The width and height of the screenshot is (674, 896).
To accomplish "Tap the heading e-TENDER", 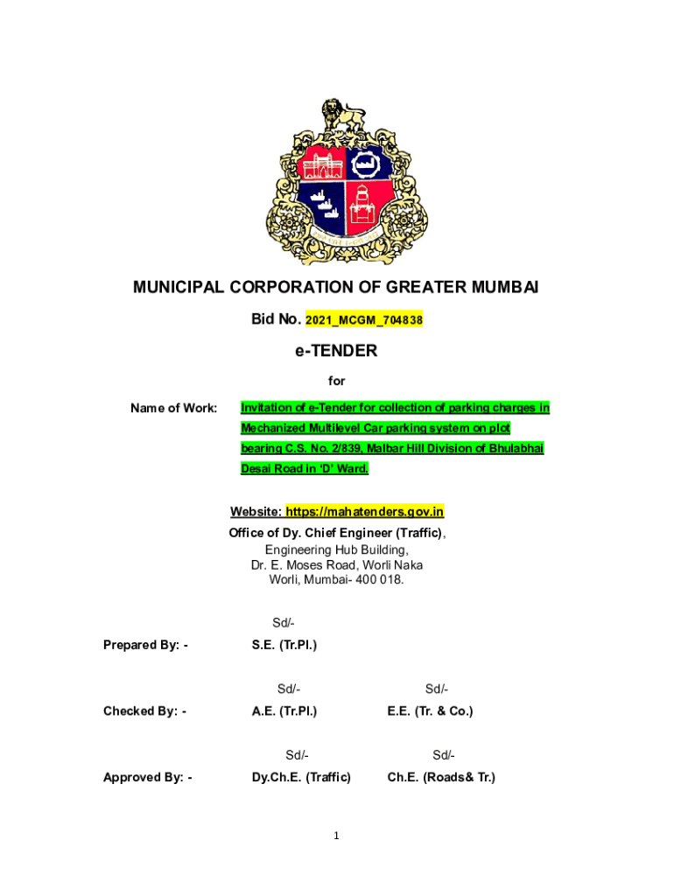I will pyautogui.click(x=336, y=351).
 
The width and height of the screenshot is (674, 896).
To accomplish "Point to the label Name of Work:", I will pyautogui.click(x=174, y=408).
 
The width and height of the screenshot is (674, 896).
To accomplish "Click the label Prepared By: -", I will pyautogui.click(x=146, y=645).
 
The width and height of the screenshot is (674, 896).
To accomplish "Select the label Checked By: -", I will pyautogui.click(x=144, y=711).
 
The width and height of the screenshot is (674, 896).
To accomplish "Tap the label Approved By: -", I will pyautogui.click(x=148, y=777).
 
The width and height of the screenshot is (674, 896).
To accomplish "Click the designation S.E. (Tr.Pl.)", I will pyautogui.click(x=284, y=645).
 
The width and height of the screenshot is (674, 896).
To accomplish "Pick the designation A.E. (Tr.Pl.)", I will pyautogui.click(x=284, y=711).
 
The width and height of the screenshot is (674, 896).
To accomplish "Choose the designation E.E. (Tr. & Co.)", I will pyautogui.click(x=430, y=711).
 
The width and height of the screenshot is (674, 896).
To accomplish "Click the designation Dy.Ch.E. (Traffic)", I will pyautogui.click(x=301, y=777).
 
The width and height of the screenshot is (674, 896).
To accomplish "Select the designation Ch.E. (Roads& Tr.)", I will pyautogui.click(x=440, y=777).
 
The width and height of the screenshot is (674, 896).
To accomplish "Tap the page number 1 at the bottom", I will pyautogui.click(x=336, y=836).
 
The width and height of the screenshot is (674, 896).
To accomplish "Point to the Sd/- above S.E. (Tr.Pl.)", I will pyautogui.click(x=284, y=623).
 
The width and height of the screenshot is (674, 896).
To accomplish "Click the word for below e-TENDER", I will pyautogui.click(x=336, y=381).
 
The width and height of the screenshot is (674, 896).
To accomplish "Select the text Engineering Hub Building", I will pyautogui.click(x=336, y=549).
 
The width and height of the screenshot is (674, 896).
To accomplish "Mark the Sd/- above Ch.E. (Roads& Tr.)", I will pyautogui.click(x=443, y=755).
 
